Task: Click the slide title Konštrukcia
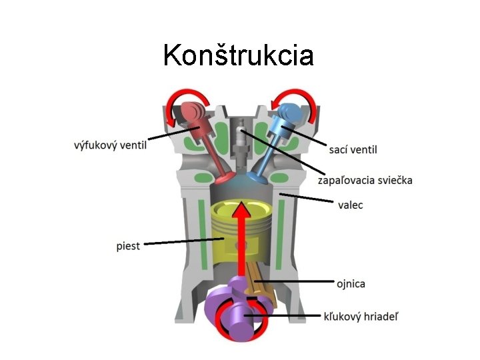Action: [238, 55]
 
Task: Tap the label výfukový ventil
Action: [110, 145]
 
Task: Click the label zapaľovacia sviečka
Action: [365, 180]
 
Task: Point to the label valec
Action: [350, 205]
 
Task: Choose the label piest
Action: [128, 246]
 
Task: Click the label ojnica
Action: [350, 284]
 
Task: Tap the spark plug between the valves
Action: [241, 137]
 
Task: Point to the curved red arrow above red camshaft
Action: [189, 97]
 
